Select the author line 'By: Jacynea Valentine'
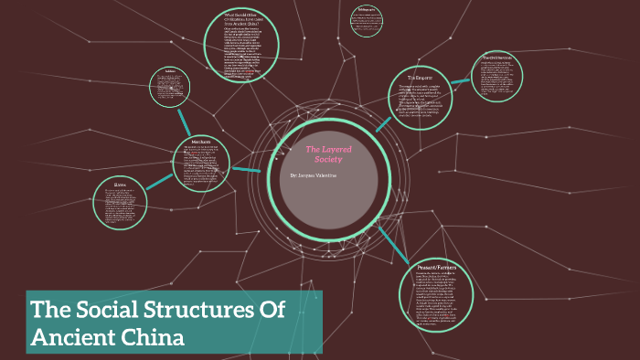click(314, 175)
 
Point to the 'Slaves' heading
click(121, 184)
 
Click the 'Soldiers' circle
click(169, 89)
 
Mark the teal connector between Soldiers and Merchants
click(186, 122)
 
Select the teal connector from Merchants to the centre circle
click(247, 169)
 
